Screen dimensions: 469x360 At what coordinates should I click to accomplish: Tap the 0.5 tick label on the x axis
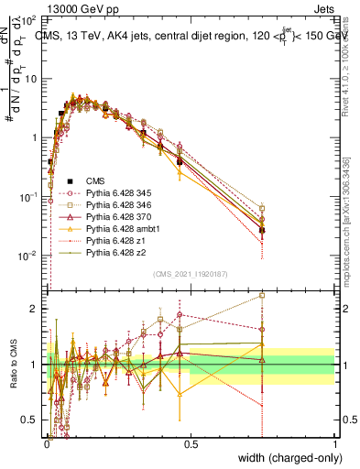[x=191, y=443]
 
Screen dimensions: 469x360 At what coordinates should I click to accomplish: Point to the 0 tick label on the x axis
[x=47, y=443]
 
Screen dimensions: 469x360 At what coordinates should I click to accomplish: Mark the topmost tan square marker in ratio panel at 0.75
[x=262, y=296]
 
